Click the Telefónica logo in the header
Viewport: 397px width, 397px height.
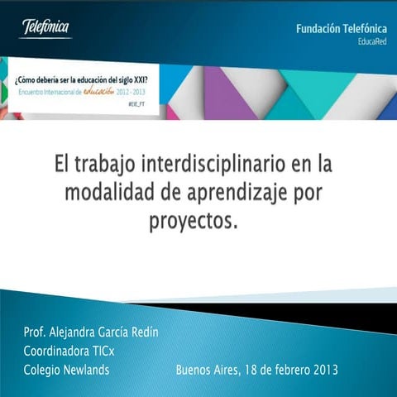point(46,27)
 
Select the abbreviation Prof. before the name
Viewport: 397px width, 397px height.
point(36,332)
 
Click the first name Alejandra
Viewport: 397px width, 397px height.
point(81,332)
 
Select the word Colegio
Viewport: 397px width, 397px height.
point(41,370)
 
